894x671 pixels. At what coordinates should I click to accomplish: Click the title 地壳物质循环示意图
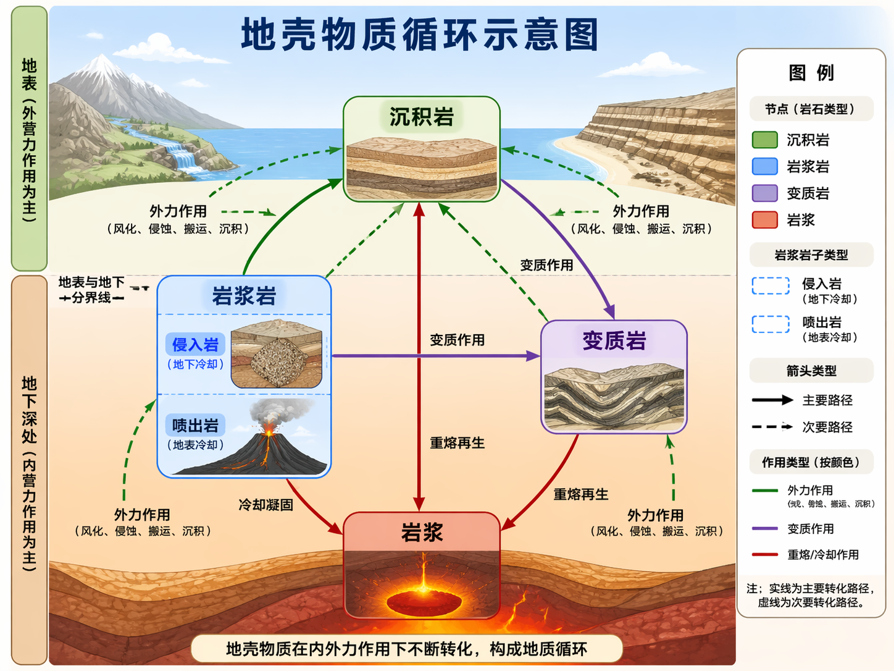[x=420, y=35]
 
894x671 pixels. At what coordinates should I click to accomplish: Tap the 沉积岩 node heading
[x=422, y=117]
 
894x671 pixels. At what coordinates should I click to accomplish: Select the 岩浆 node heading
[x=422, y=532]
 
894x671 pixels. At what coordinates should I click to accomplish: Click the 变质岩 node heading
[x=614, y=340]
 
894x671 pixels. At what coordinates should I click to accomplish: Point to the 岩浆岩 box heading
[x=244, y=296]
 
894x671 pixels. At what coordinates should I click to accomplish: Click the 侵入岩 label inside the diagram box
[x=195, y=345]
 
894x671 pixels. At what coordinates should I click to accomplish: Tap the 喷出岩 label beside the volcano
[x=195, y=426]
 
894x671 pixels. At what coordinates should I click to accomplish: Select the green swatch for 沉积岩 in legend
[x=764, y=140]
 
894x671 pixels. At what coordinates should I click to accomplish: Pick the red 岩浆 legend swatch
[x=764, y=220]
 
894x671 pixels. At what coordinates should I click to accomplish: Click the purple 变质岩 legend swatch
[x=764, y=193]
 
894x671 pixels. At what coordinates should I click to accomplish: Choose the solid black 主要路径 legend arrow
[x=772, y=400]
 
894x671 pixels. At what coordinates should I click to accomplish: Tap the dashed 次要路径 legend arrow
[x=772, y=427]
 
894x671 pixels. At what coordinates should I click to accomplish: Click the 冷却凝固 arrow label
[x=265, y=505]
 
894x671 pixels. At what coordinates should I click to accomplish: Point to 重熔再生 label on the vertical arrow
[x=457, y=443]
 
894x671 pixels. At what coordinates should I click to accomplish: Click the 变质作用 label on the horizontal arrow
[x=457, y=340]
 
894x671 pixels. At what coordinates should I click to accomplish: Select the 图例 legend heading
[x=811, y=73]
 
